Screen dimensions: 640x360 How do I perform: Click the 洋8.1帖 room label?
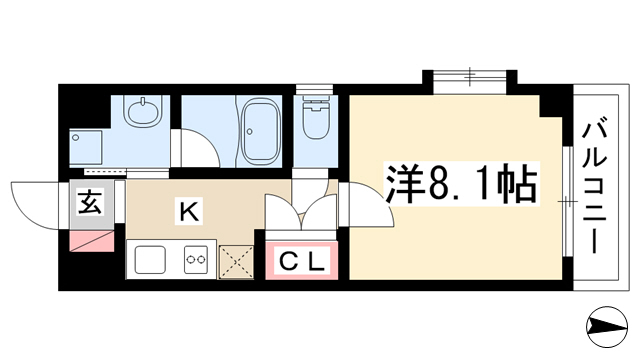[x=461, y=184]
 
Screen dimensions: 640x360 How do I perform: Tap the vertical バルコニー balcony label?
[x=594, y=186]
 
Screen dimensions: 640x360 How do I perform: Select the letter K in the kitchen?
[x=189, y=211]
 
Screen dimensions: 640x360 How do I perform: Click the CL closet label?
[x=302, y=261]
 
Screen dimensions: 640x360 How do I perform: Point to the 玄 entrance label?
[x=90, y=202]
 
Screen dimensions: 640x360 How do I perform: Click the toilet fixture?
[x=316, y=117]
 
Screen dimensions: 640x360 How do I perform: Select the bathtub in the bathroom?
[x=260, y=131]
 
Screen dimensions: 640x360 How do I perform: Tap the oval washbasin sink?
[x=143, y=113]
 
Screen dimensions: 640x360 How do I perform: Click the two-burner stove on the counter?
[x=195, y=259]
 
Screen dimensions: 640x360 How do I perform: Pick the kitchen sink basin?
[x=150, y=259]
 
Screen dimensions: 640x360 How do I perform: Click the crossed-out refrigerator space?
[x=236, y=262]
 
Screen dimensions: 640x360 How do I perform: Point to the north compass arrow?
[x=607, y=327]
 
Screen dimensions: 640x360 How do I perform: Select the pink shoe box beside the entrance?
[x=92, y=241]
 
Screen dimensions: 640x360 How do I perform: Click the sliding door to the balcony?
[x=567, y=201]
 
